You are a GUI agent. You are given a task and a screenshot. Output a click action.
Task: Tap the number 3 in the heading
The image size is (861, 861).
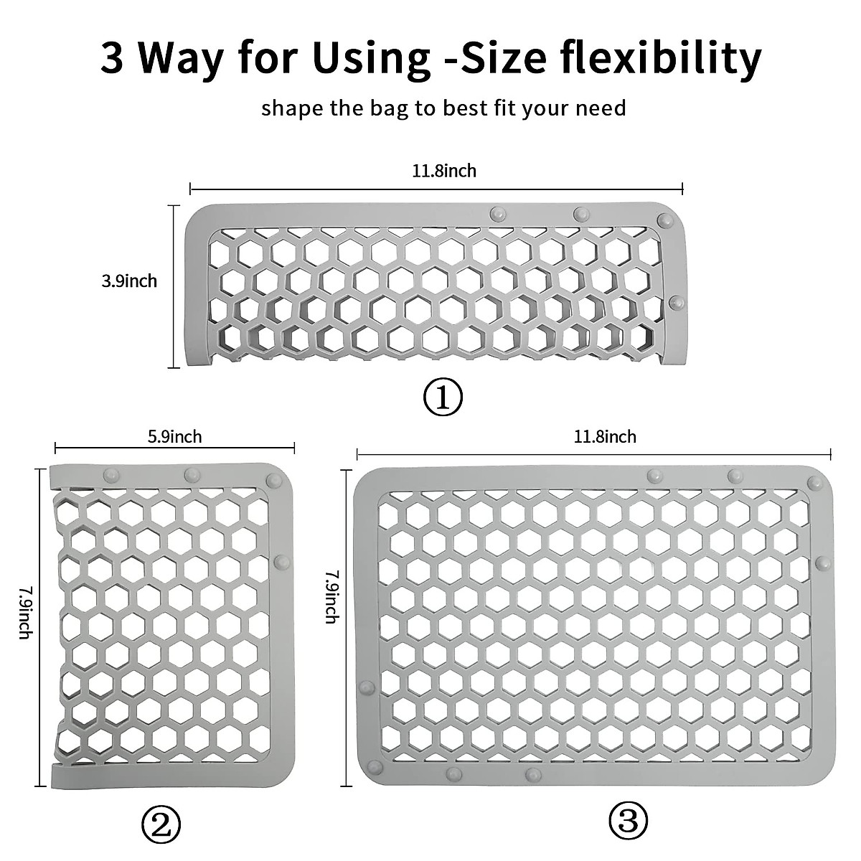coord(113,59)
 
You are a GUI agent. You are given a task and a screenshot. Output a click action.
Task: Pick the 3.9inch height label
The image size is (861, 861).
coord(129,281)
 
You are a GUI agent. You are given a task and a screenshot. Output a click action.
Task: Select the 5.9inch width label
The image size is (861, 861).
coord(174,436)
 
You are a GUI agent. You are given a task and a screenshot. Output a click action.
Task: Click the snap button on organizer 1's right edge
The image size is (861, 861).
coord(676,301)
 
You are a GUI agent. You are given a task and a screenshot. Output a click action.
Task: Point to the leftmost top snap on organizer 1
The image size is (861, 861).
coord(496,213)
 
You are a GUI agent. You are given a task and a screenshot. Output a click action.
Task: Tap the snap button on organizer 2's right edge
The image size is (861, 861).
coord(282,560)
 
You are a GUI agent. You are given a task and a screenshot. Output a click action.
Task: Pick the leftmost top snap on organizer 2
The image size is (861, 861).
coord(111,474)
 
